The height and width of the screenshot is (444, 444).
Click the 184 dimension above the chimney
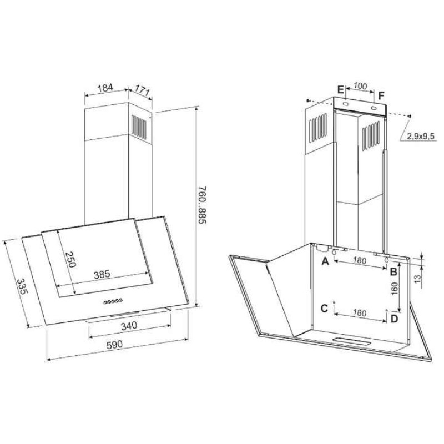click(x=105, y=88)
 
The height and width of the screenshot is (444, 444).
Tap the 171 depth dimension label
click(x=142, y=90)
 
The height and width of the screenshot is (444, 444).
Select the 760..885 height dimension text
click(x=202, y=205)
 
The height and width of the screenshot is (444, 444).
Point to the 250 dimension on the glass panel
click(x=70, y=259)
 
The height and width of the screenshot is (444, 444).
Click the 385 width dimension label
click(x=102, y=274)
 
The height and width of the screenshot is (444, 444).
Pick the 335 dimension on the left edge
click(x=22, y=286)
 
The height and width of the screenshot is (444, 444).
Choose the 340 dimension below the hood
click(x=129, y=326)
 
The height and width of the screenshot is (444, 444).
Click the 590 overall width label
click(x=115, y=345)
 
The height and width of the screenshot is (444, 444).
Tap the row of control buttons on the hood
click(x=113, y=301)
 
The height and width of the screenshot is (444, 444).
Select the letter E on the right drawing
click(x=341, y=90)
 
